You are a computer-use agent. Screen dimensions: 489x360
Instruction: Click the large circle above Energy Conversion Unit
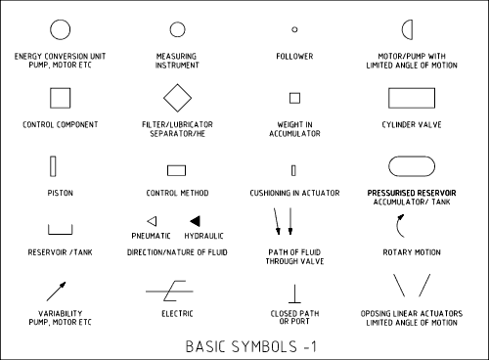[60, 20]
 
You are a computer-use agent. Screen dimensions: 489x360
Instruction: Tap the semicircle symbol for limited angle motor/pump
[412, 29]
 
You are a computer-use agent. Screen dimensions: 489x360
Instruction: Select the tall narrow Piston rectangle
[50, 166]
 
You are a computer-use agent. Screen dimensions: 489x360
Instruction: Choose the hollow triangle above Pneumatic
[156, 221]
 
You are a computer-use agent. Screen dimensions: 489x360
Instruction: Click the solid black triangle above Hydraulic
[196, 221]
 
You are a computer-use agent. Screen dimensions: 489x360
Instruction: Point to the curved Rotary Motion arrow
[397, 226]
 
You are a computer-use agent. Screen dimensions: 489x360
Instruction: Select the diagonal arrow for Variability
[56, 292]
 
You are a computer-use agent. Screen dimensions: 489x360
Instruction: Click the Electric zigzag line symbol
[169, 291]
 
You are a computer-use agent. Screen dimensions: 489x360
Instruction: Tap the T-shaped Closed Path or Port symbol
[294, 293]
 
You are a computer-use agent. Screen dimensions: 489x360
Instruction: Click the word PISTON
[61, 193]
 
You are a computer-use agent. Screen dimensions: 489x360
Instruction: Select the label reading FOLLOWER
[294, 57]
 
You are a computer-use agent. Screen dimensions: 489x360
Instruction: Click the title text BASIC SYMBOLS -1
[250, 346]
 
